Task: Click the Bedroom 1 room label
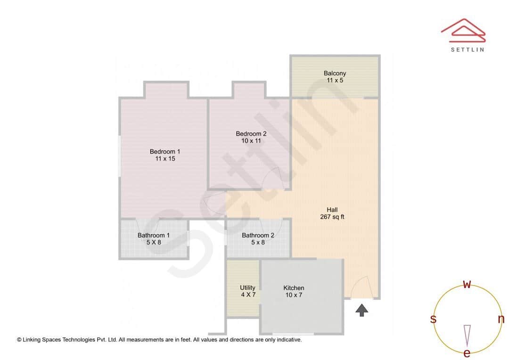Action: (x=165, y=151)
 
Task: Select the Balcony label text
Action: (x=335, y=73)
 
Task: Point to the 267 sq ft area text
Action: (x=332, y=217)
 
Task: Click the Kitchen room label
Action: (x=294, y=288)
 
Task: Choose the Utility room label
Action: (x=247, y=287)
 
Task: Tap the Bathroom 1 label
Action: (x=154, y=235)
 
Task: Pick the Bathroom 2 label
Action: (x=258, y=235)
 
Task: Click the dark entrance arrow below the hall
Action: (x=361, y=310)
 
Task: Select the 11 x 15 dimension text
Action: (x=165, y=159)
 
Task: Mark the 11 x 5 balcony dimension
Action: (x=335, y=81)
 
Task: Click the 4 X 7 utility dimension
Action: (x=247, y=295)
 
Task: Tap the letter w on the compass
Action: (x=467, y=284)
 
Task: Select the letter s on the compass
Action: (x=433, y=319)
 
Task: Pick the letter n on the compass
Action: (x=501, y=319)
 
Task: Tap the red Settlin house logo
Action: (x=463, y=30)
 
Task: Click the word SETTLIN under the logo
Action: (x=467, y=49)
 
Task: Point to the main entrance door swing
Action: (x=361, y=287)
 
